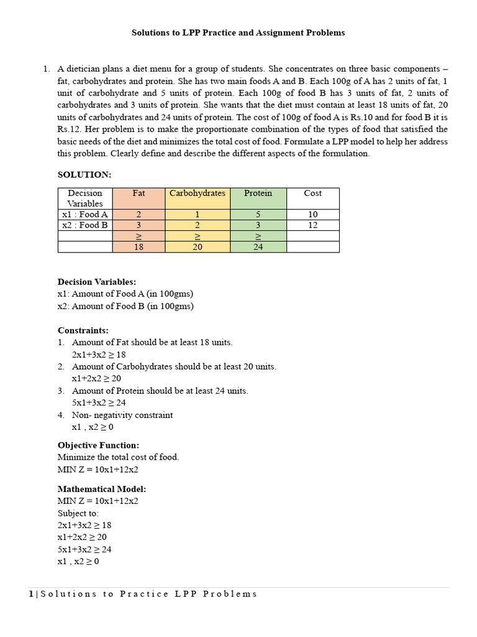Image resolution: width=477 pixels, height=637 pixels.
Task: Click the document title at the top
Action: point(238,32)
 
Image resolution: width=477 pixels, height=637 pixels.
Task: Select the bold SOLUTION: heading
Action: point(84,175)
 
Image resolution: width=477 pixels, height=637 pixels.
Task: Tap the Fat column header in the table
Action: point(139,193)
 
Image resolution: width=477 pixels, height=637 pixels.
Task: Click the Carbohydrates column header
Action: point(198,193)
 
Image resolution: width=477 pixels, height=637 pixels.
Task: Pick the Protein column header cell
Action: point(258,193)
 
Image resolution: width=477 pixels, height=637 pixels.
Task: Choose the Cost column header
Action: point(312,193)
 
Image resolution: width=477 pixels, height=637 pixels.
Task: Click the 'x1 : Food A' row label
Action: point(85,215)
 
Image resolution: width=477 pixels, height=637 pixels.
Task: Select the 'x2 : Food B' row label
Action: point(85,225)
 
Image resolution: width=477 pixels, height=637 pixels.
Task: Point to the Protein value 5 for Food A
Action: point(258,215)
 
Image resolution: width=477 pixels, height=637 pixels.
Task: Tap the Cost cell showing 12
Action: point(312,225)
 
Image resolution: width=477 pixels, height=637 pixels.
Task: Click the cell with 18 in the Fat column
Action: point(139,247)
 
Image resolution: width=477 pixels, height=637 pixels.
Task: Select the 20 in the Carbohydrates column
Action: point(198,247)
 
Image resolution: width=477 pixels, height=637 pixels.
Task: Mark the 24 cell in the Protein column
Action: point(258,247)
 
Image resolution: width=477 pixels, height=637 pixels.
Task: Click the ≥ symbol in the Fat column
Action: point(139,236)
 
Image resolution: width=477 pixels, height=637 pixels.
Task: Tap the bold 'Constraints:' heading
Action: point(83,330)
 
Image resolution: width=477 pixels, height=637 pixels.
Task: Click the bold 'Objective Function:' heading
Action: point(98,445)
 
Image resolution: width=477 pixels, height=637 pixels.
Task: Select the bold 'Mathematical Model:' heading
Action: point(102,489)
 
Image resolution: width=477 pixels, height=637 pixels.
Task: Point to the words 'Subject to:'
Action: point(78,513)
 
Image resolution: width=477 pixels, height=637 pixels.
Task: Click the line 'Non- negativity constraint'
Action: point(122,415)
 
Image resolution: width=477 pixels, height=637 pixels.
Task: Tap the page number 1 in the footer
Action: point(31,594)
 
